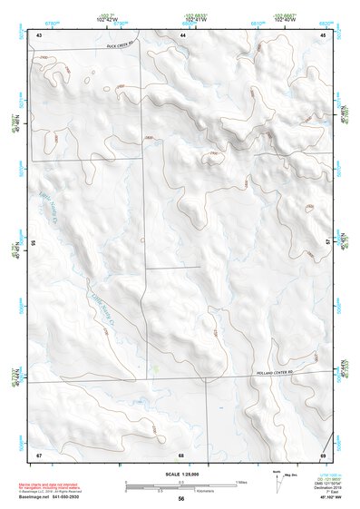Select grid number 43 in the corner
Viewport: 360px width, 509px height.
[39, 34]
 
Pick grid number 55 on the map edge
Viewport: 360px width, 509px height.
[34, 243]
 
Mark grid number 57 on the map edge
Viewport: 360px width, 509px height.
[327, 240]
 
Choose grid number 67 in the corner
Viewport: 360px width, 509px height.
[39, 454]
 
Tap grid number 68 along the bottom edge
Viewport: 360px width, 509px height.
[181, 454]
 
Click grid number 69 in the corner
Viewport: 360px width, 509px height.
[322, 454]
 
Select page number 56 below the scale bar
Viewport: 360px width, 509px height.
[181, 499]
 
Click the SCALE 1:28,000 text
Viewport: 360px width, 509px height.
[180, 475]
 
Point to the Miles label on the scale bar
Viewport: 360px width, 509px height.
[240, 482]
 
